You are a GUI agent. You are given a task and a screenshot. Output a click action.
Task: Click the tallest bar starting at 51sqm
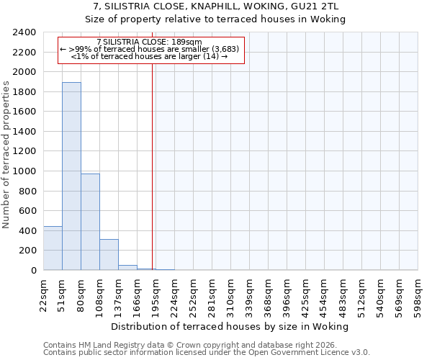(x=71, y=176)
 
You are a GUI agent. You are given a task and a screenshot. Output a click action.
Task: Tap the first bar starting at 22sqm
(x=53, y=248)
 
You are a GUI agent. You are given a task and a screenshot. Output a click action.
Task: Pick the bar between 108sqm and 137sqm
(x=109, y=255)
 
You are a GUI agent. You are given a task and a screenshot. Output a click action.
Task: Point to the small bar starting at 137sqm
(x=127, y=267)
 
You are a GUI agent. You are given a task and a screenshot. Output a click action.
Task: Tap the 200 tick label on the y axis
(x=27, y=251)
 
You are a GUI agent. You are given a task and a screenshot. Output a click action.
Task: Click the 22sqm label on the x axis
(x=43, y=295)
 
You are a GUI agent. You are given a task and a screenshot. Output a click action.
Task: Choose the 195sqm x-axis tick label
(x=156, y=295)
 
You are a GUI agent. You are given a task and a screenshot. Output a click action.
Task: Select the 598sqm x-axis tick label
(x=418, y=295)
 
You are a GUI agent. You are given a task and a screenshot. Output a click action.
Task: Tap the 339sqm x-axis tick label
(x=249, y=295)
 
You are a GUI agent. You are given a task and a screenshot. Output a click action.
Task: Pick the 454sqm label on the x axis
(x=324, y=295)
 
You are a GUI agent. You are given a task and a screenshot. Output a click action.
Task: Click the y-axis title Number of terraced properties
(x=6, y=155)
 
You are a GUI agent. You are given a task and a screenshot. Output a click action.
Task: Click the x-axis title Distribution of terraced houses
(x=230, y=327)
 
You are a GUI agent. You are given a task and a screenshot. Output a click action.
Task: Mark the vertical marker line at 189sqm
(x=153, y=166)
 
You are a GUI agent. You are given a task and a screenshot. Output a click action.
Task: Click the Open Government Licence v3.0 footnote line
(x=207, y=353)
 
